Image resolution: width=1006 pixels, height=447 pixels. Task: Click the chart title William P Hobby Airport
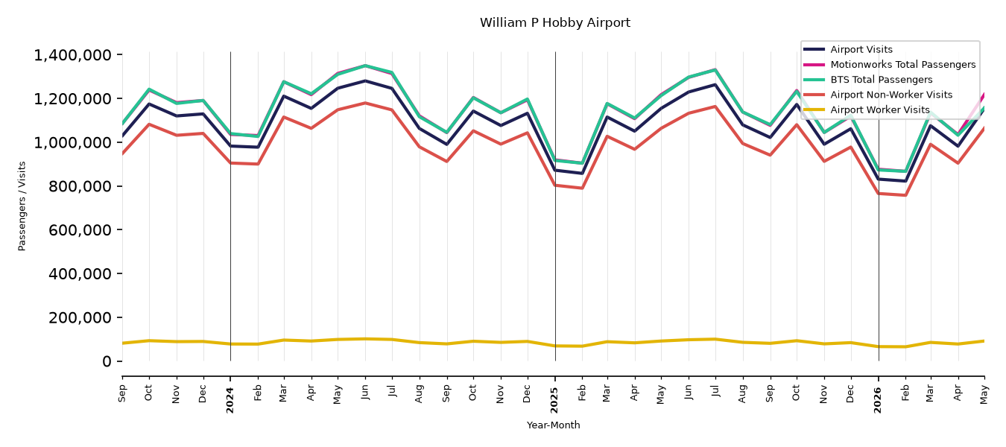[x=554, y=22]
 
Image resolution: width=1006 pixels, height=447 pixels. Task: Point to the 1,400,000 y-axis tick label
[x=73, y=55]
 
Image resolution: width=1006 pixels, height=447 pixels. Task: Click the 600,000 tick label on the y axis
[x=80, y=229]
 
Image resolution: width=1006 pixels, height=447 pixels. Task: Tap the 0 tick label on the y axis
[x=107, y=361]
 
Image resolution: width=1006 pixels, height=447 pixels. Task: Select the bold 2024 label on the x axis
[x=230, y=400]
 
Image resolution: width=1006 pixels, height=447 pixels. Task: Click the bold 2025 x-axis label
[x=554, y=400]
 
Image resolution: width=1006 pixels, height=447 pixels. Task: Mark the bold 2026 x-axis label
[x=878, y=400]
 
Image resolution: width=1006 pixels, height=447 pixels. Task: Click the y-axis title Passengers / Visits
[x=22, y=206]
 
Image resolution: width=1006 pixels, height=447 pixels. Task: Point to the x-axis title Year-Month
[x=553, y=425]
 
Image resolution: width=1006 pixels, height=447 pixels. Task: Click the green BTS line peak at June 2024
[x=365, y=66]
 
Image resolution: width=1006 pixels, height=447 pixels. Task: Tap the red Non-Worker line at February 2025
[x=582, y=188]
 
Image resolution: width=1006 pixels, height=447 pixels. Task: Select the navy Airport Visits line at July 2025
[x=715, y=84]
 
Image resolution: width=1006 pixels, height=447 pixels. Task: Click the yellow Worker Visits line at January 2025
[x=555, y=346]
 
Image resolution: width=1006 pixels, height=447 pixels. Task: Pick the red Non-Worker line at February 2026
[x=905, y=195]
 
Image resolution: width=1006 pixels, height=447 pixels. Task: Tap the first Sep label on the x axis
[x=122, y=393]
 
